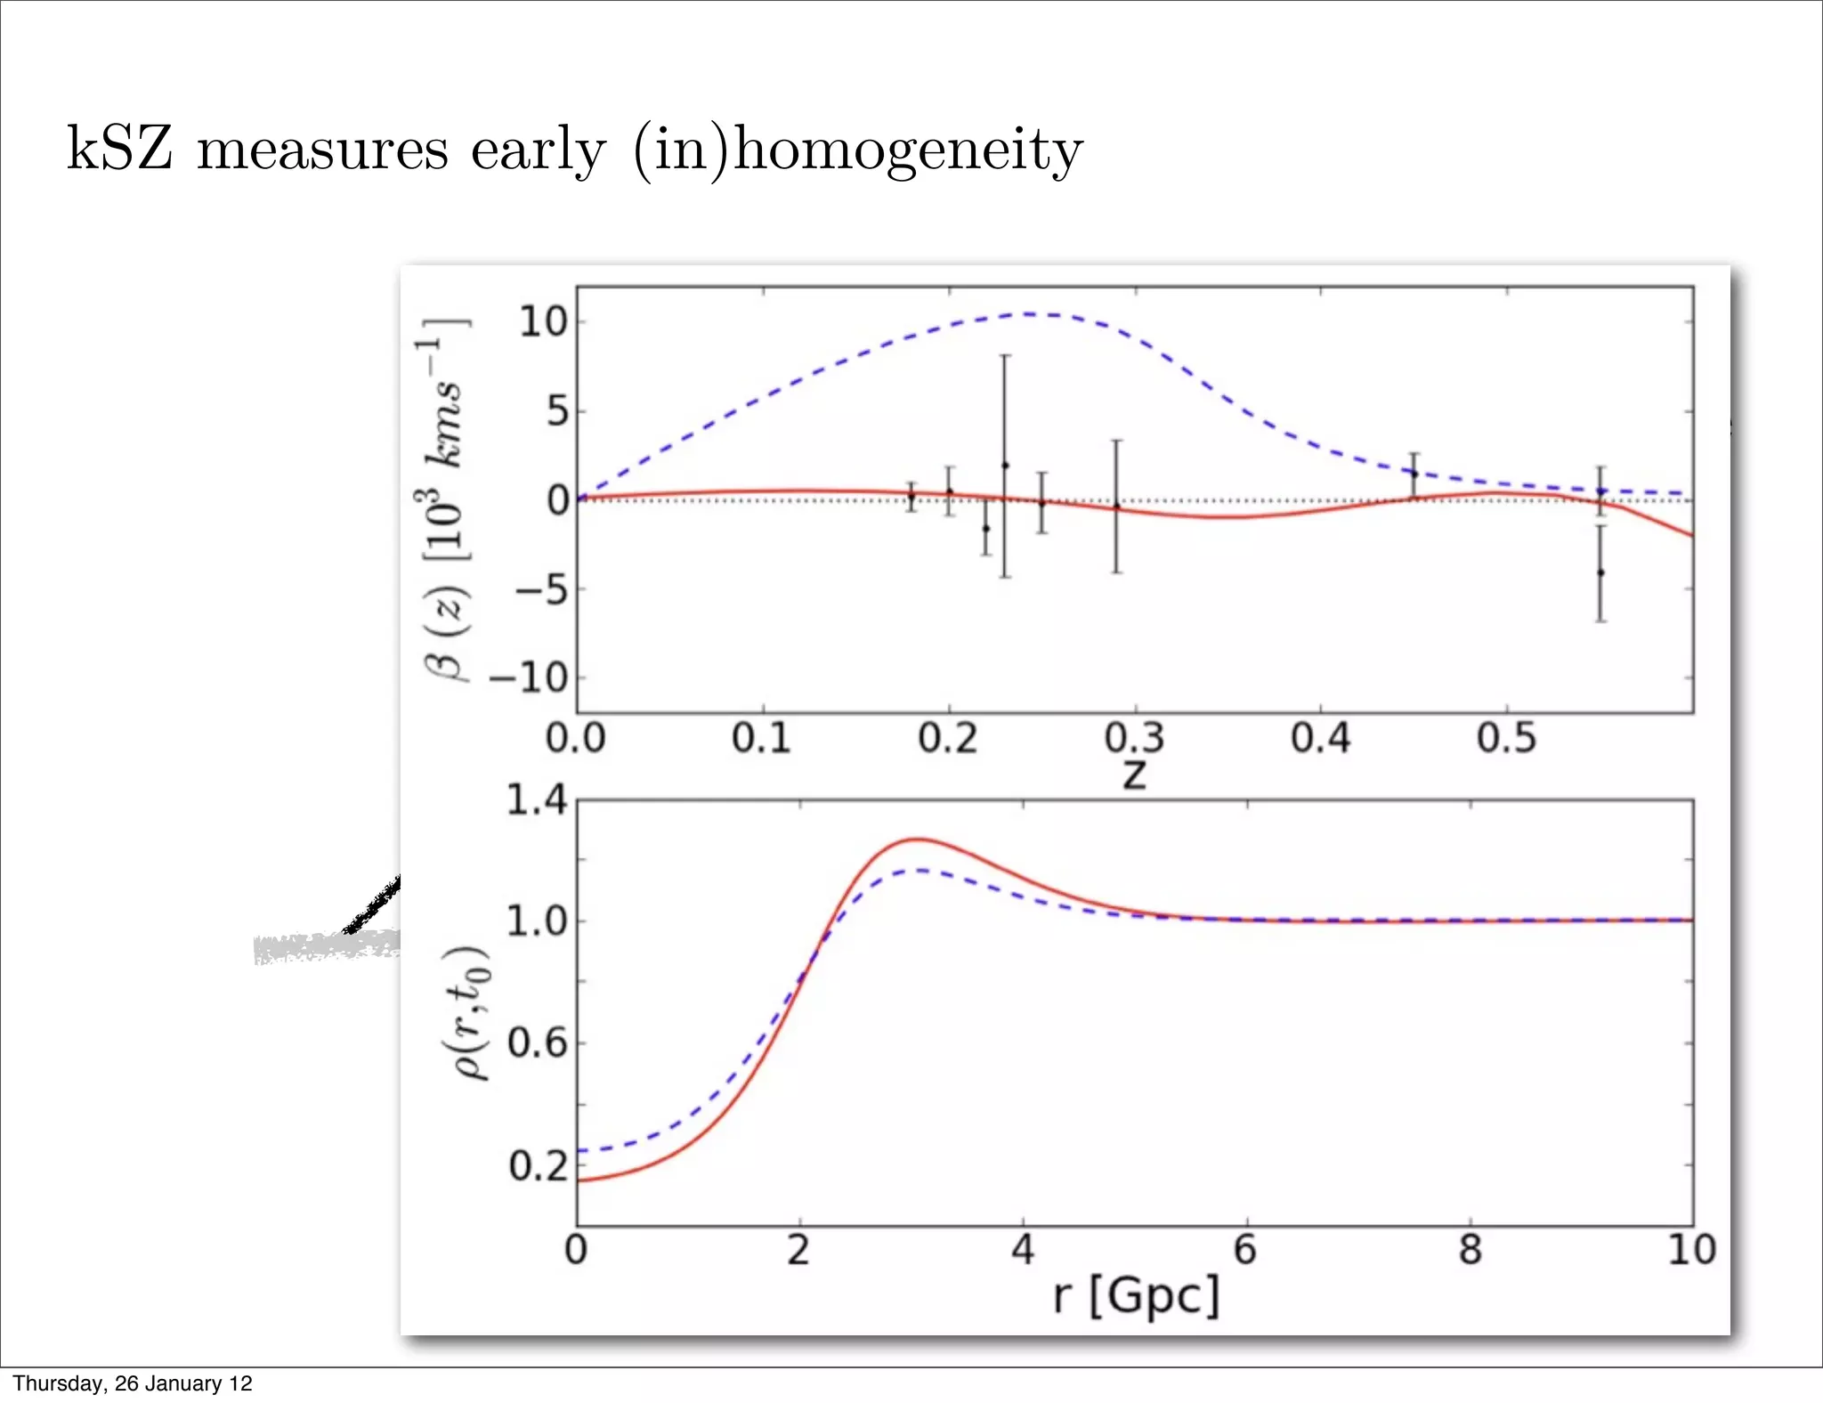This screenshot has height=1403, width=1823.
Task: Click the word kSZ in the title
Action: pos(119,149)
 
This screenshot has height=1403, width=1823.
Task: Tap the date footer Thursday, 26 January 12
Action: pos(132,1383)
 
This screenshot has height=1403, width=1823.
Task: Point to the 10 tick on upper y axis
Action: pos(543,322)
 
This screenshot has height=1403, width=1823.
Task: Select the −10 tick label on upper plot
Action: pos(529,678)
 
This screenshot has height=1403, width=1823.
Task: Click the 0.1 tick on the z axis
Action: pos(762,739)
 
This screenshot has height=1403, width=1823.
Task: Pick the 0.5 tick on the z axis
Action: pos(1506,739)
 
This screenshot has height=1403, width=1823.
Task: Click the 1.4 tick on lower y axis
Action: pos(536,800)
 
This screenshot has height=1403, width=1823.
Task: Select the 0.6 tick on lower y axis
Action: pos(537,1042)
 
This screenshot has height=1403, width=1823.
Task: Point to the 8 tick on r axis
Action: pos(1470,1250)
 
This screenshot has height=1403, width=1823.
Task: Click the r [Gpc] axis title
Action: pos(1136,1295)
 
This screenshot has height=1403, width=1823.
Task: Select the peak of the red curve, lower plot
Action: pos(917,839)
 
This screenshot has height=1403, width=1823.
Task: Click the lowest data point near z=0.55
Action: pos(1600,572)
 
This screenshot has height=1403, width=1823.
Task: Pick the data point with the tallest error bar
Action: pos(1005,465)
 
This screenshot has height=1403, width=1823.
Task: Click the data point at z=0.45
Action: pos(1414,474)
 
